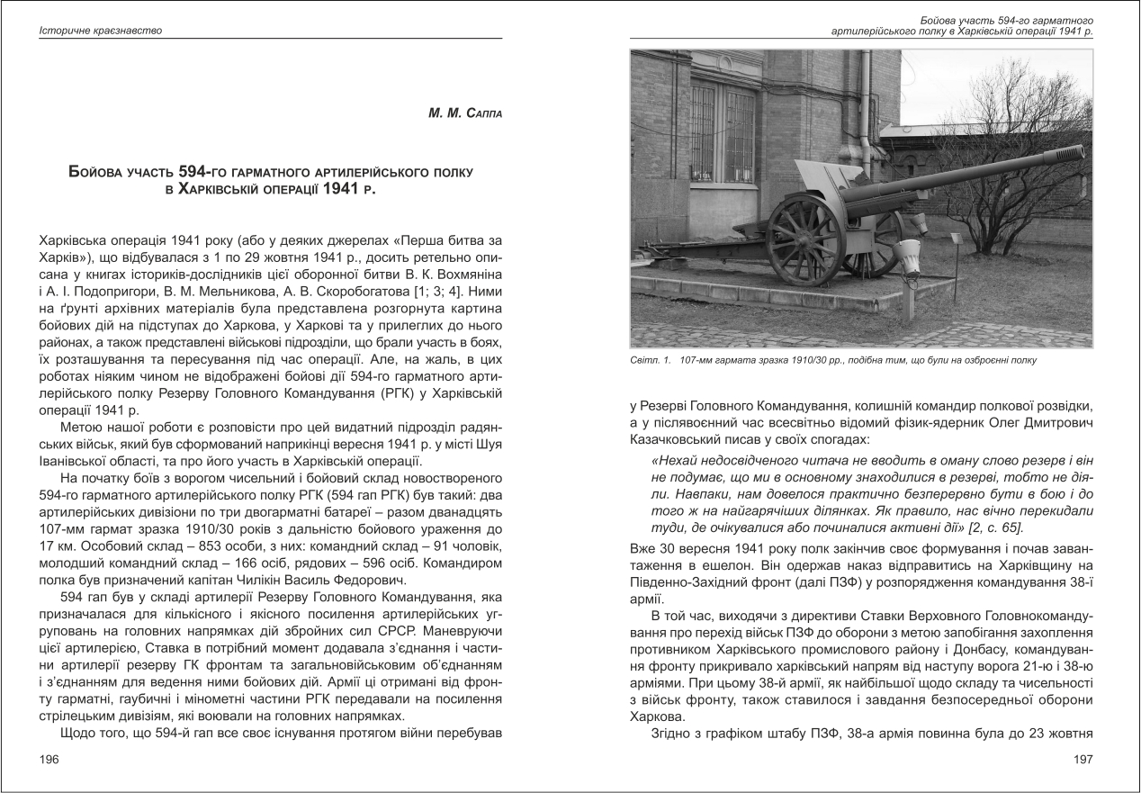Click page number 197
1083,760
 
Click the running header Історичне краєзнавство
100,32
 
